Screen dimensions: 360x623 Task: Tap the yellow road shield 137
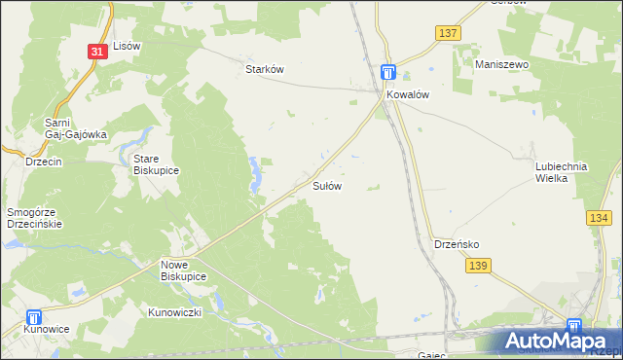(448, 33)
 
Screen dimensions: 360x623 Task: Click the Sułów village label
(326, 185)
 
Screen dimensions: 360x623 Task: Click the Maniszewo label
(501, 64)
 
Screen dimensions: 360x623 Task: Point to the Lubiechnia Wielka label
(562, 172)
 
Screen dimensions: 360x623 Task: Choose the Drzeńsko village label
(456, 244)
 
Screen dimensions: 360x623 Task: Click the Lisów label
(128, 46)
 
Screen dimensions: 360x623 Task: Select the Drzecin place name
(44, 162)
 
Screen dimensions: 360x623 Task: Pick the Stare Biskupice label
(156, 163)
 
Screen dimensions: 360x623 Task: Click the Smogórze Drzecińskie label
(35, 217)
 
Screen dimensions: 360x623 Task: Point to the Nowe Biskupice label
(183, 270)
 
